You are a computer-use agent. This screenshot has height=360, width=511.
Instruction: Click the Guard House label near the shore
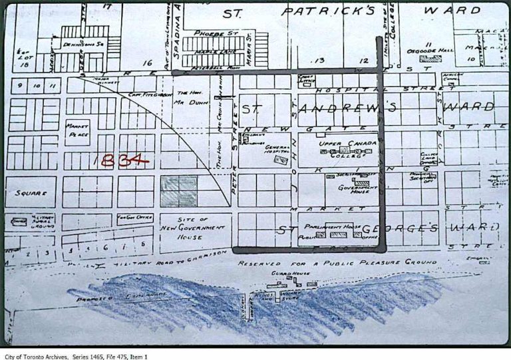coord(292,273)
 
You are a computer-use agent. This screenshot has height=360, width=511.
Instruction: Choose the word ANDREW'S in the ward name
coord(349,107)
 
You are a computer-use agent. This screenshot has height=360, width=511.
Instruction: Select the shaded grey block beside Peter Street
coord(179,190)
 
